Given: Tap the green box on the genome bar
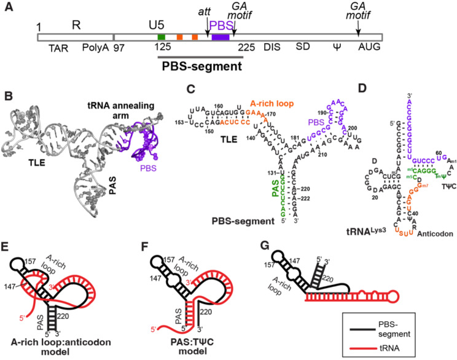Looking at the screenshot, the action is coord(161,37).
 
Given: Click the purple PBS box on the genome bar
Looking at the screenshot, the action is coord(220,37).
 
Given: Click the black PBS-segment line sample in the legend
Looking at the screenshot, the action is coord(359,329).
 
